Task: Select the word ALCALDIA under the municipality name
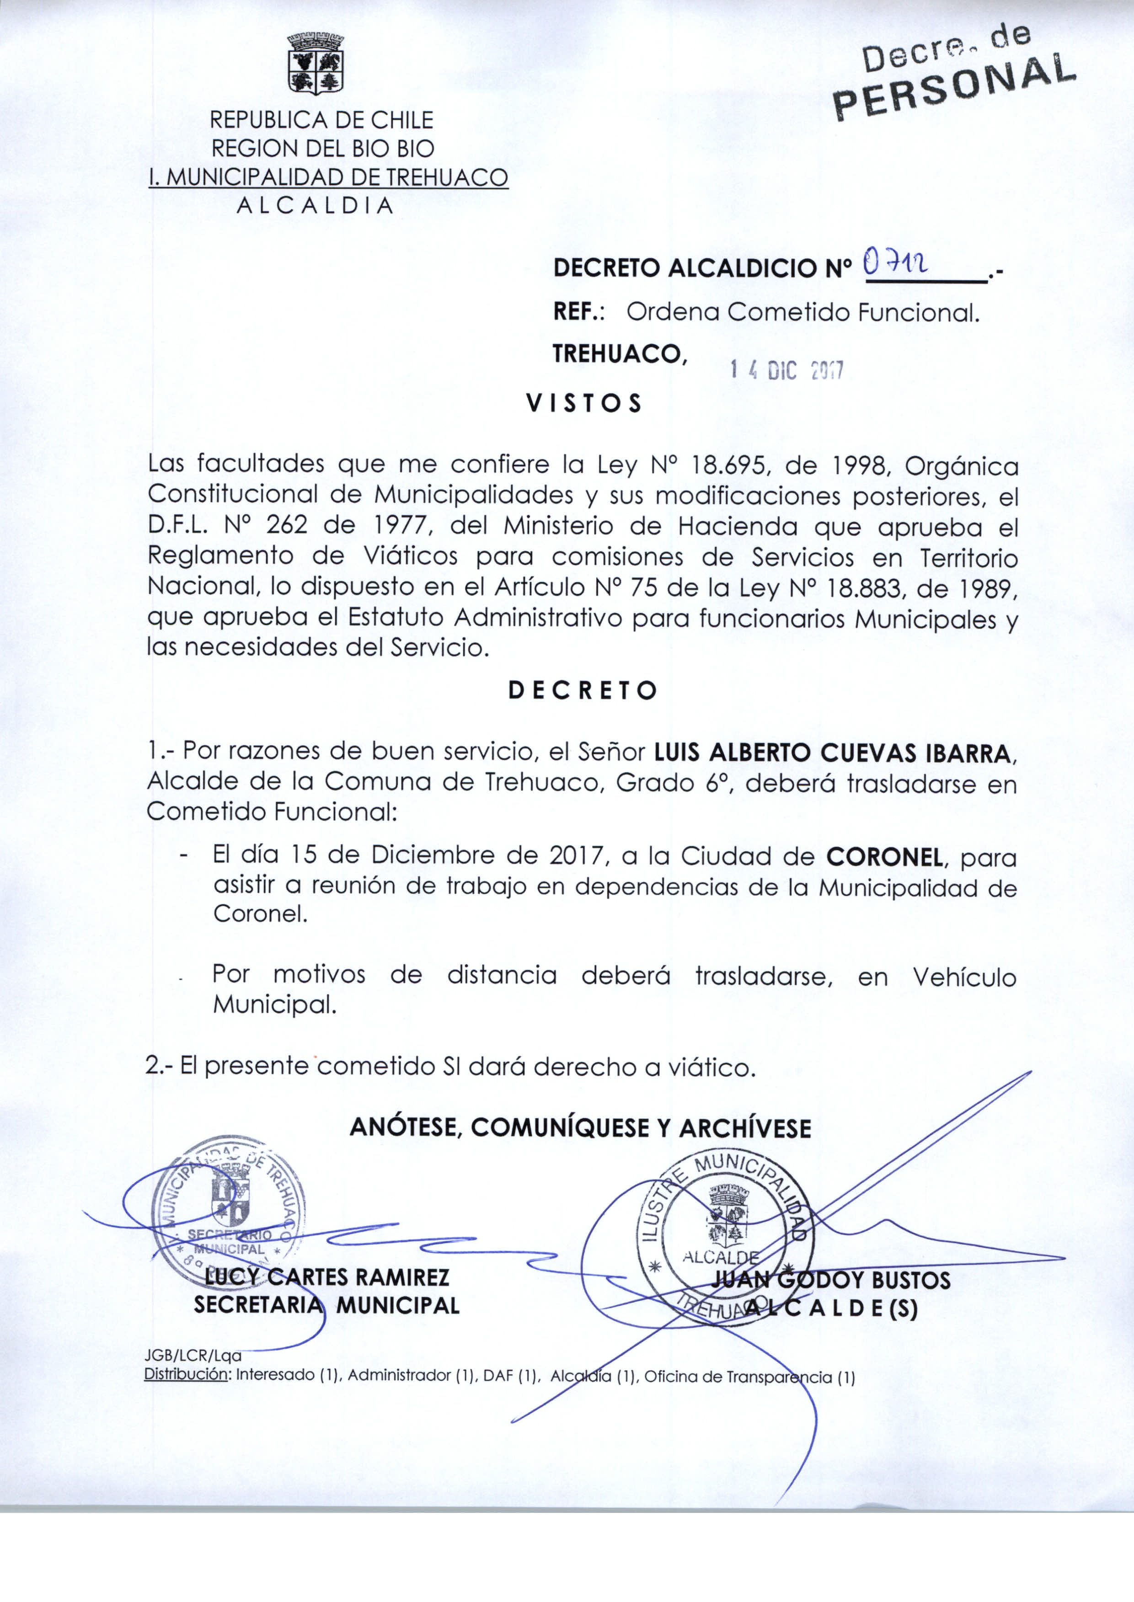click(316, 206)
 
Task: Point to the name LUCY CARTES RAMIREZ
click(327, 1277)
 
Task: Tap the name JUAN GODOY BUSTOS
click(831, 1280)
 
